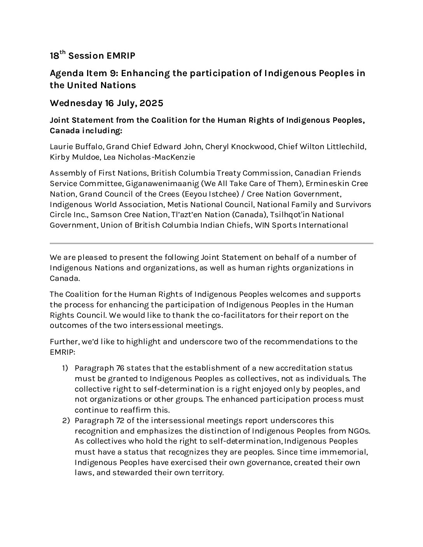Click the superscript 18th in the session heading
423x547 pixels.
point(55,56)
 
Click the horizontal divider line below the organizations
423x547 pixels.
point(211,243)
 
